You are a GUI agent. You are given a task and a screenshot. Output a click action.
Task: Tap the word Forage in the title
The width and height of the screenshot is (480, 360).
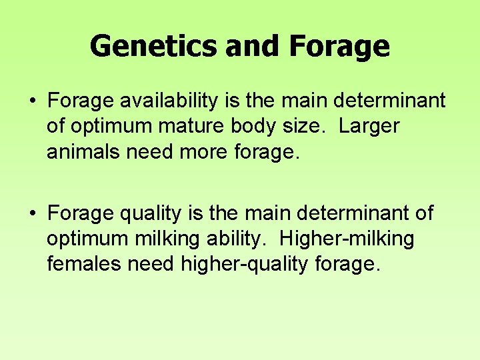coord(340,47)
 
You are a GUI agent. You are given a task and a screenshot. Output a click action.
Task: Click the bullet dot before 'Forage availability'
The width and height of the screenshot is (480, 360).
coord(32,101)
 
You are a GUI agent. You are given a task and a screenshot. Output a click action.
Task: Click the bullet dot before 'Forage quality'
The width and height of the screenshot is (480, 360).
coord(32,213)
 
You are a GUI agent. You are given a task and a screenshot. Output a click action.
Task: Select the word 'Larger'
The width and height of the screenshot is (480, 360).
coord(369,127)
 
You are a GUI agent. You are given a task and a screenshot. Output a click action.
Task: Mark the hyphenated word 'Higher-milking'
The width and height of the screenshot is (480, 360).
coord(347,239)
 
